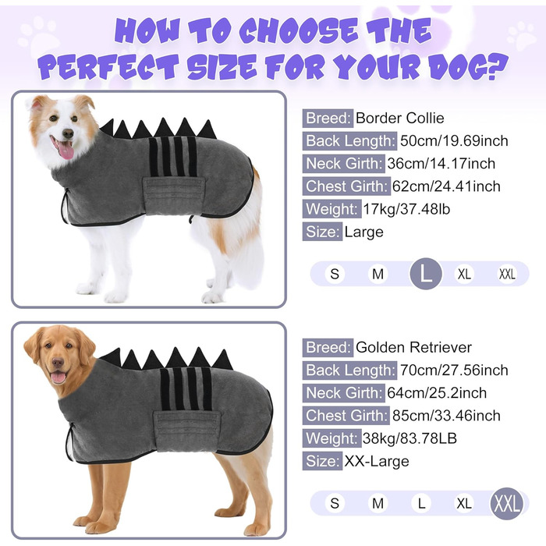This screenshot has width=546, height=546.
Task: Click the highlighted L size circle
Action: click(426, 274)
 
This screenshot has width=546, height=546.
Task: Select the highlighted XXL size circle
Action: click(507, 503)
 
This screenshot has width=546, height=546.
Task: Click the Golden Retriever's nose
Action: click(58, 363)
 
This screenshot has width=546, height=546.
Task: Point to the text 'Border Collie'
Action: click(399, 119)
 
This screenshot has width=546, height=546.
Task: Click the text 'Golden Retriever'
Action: click(413, 348)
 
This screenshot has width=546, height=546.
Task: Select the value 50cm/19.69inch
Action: click(454, 141)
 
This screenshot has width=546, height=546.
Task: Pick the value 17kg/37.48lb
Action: click(406, 209)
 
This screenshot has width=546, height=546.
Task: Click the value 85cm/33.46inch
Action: click(446, 416)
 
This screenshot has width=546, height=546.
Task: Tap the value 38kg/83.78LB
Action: click(409, 438)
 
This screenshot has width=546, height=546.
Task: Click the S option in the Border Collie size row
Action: click(335, 274)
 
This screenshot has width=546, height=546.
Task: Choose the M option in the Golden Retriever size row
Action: click(378, 504)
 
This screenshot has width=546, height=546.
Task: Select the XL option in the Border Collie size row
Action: click(464, 274)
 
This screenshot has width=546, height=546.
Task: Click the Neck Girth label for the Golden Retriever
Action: click(344, 393)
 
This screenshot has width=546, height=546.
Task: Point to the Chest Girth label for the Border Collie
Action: click(346, 186)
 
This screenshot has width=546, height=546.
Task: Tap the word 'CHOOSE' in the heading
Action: click(299, 30)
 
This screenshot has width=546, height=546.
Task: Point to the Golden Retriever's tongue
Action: click(58, 378)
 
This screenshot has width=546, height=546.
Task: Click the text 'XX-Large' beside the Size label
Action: click(377, 462)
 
